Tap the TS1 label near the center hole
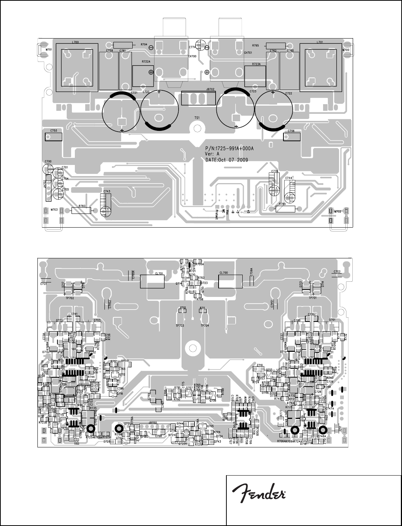tap(197, 118)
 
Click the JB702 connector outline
tap(198, 98)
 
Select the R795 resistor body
tap(276, 46)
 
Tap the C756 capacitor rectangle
tap(291, 136)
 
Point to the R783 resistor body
tap(81, 211)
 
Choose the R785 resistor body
tap(286, 209)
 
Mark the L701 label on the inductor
tap(320, 42)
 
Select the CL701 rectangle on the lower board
tap(152, 282)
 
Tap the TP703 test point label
tap(180, 325)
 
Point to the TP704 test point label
tap(205, 325)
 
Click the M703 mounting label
tap(44, 210)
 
